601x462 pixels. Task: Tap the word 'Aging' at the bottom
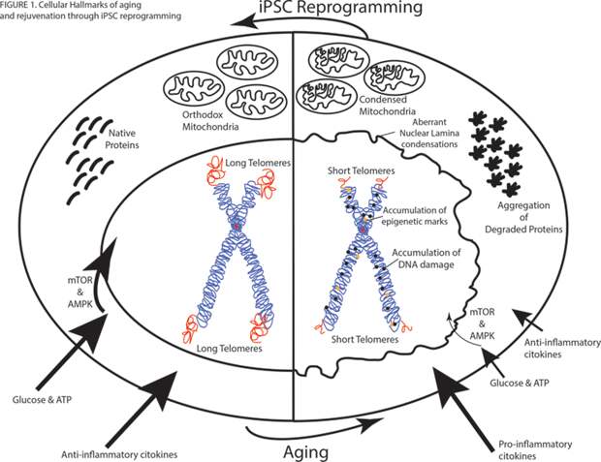(306, 452)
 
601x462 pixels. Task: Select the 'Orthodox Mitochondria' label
(210, 120)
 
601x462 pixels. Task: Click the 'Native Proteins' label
(122, 139)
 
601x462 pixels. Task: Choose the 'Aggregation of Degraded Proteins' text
(523, 217)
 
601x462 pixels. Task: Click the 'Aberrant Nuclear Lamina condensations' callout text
(429, 133)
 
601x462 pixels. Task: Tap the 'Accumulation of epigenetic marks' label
(415, 216)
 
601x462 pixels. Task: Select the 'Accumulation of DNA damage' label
(427, 259)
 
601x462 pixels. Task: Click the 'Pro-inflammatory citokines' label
(535, 450)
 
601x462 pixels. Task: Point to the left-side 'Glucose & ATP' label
(42, 400)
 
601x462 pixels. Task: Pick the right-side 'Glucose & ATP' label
(520, 383)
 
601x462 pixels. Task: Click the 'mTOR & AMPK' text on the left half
(80, 292)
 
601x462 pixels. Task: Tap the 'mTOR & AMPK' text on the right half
(482, 323)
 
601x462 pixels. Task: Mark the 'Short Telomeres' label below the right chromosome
(364, 339)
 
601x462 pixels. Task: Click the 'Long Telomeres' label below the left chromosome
(229, 349)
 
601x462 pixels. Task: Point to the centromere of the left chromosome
(237, 227)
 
